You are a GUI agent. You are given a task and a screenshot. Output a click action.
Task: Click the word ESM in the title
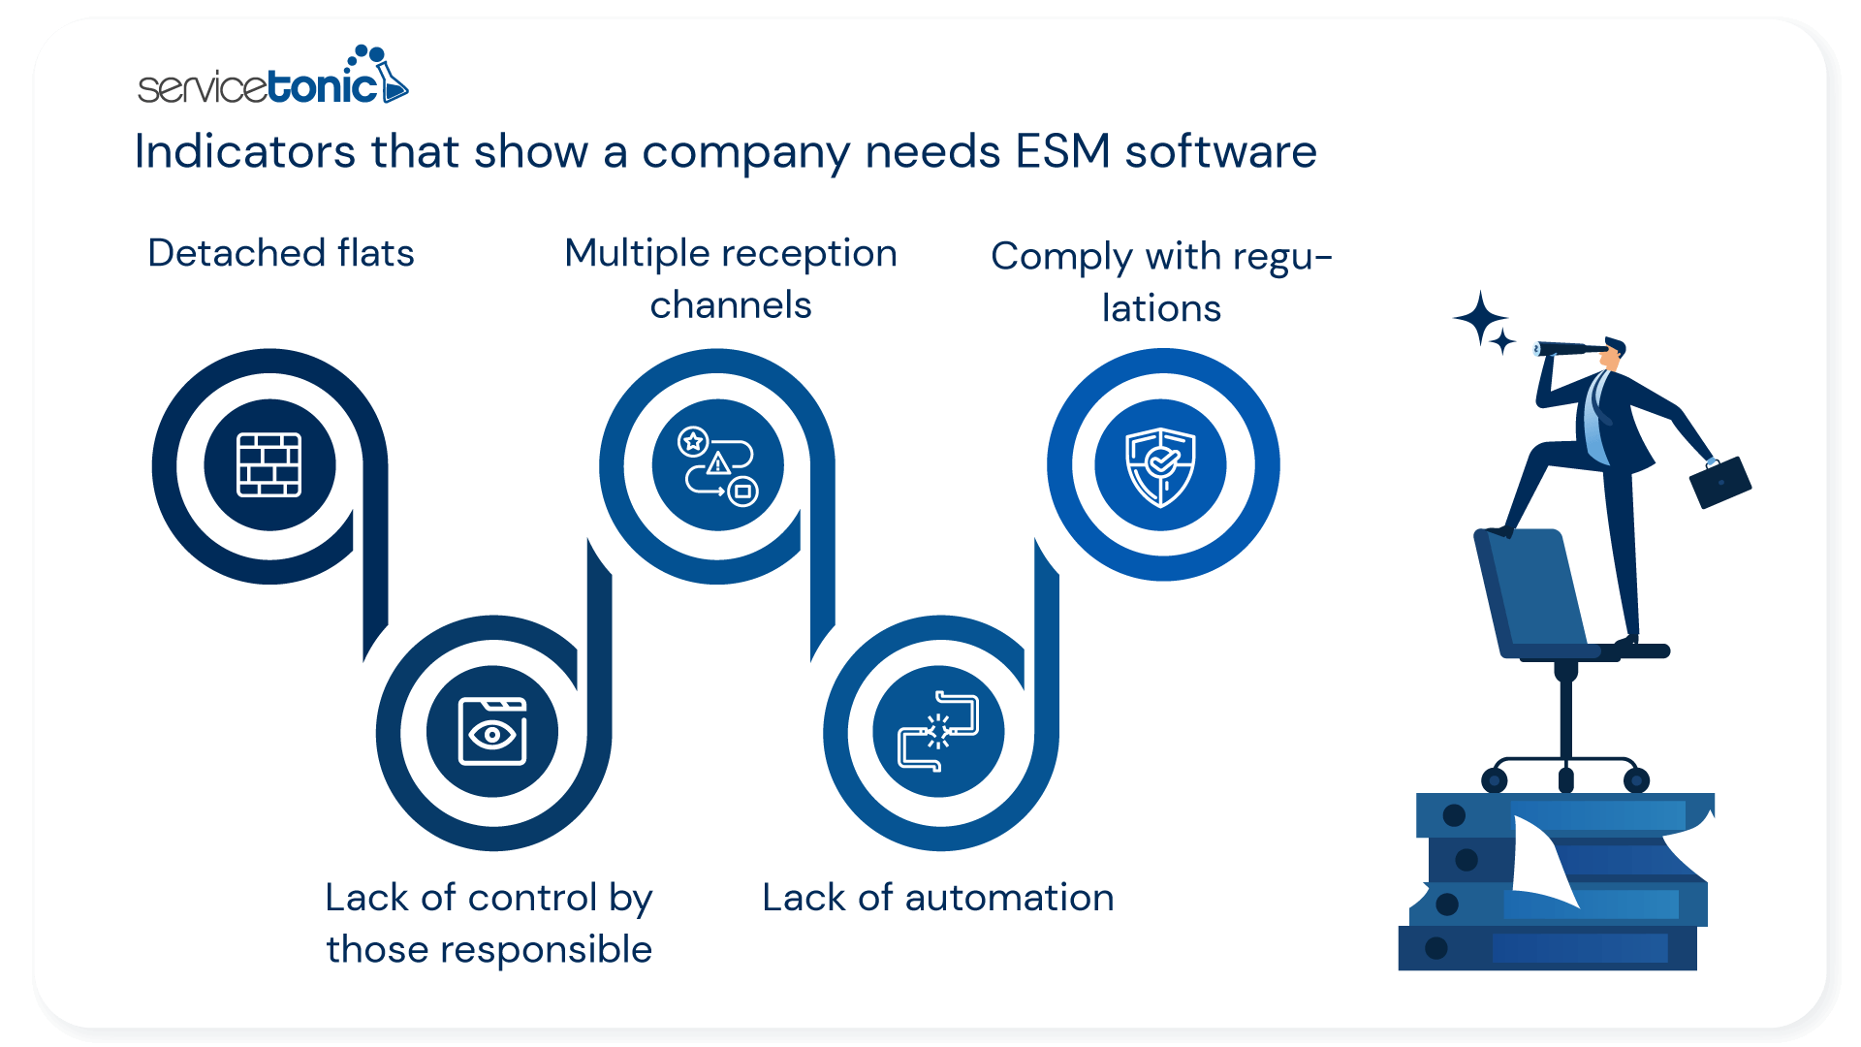1062,152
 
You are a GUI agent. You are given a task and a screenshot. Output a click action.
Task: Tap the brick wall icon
269,465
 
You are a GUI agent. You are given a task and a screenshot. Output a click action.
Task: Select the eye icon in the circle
492,732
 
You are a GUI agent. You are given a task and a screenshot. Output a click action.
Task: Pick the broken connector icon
938,732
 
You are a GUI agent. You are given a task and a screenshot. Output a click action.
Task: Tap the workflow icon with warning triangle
717,465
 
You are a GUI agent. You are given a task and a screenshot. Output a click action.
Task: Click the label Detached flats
281,253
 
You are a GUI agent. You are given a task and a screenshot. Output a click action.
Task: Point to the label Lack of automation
937,898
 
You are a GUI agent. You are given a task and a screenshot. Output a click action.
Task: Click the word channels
731,305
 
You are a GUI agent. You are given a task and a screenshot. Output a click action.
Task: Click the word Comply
1061,258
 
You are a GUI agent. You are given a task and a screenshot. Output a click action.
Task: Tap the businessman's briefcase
1719,482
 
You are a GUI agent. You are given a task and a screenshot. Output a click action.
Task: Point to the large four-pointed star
1479,317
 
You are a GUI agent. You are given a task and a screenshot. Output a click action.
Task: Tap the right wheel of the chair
1637,779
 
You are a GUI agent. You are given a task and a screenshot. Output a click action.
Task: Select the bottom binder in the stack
1547,948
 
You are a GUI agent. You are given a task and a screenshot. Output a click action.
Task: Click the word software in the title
1220,152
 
